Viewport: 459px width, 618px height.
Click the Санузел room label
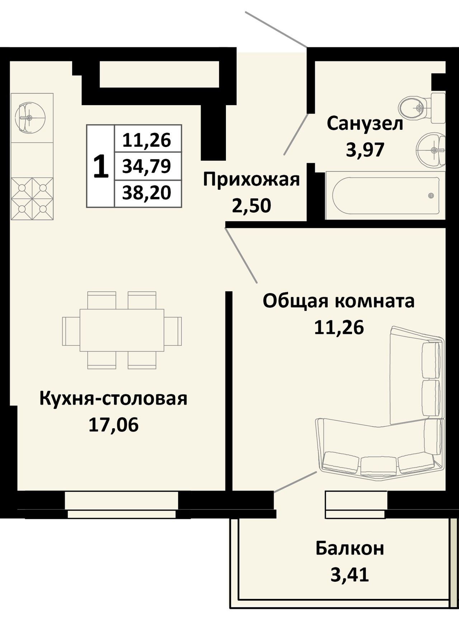pos(365,124)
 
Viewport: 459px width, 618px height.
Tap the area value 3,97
pos(365,150)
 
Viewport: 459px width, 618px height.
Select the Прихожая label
pos(251,180)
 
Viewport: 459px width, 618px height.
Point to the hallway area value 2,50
pos(251,206)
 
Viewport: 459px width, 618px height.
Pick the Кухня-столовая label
pos(113,399)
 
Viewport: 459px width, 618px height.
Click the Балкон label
pos(350,548)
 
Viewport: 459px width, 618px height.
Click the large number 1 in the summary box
pos(100,166)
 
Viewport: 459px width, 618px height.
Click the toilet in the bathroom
pos(422,107)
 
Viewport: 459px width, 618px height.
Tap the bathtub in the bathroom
pos(385,195)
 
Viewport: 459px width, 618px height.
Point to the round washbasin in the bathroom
pos(431,150)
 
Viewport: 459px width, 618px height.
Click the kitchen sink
pos(30,118)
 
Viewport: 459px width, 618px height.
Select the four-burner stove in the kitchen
pos(32,198)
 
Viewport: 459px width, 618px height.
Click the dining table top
pos(122,330)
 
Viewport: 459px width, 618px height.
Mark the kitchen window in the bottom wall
pos(122,505)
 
